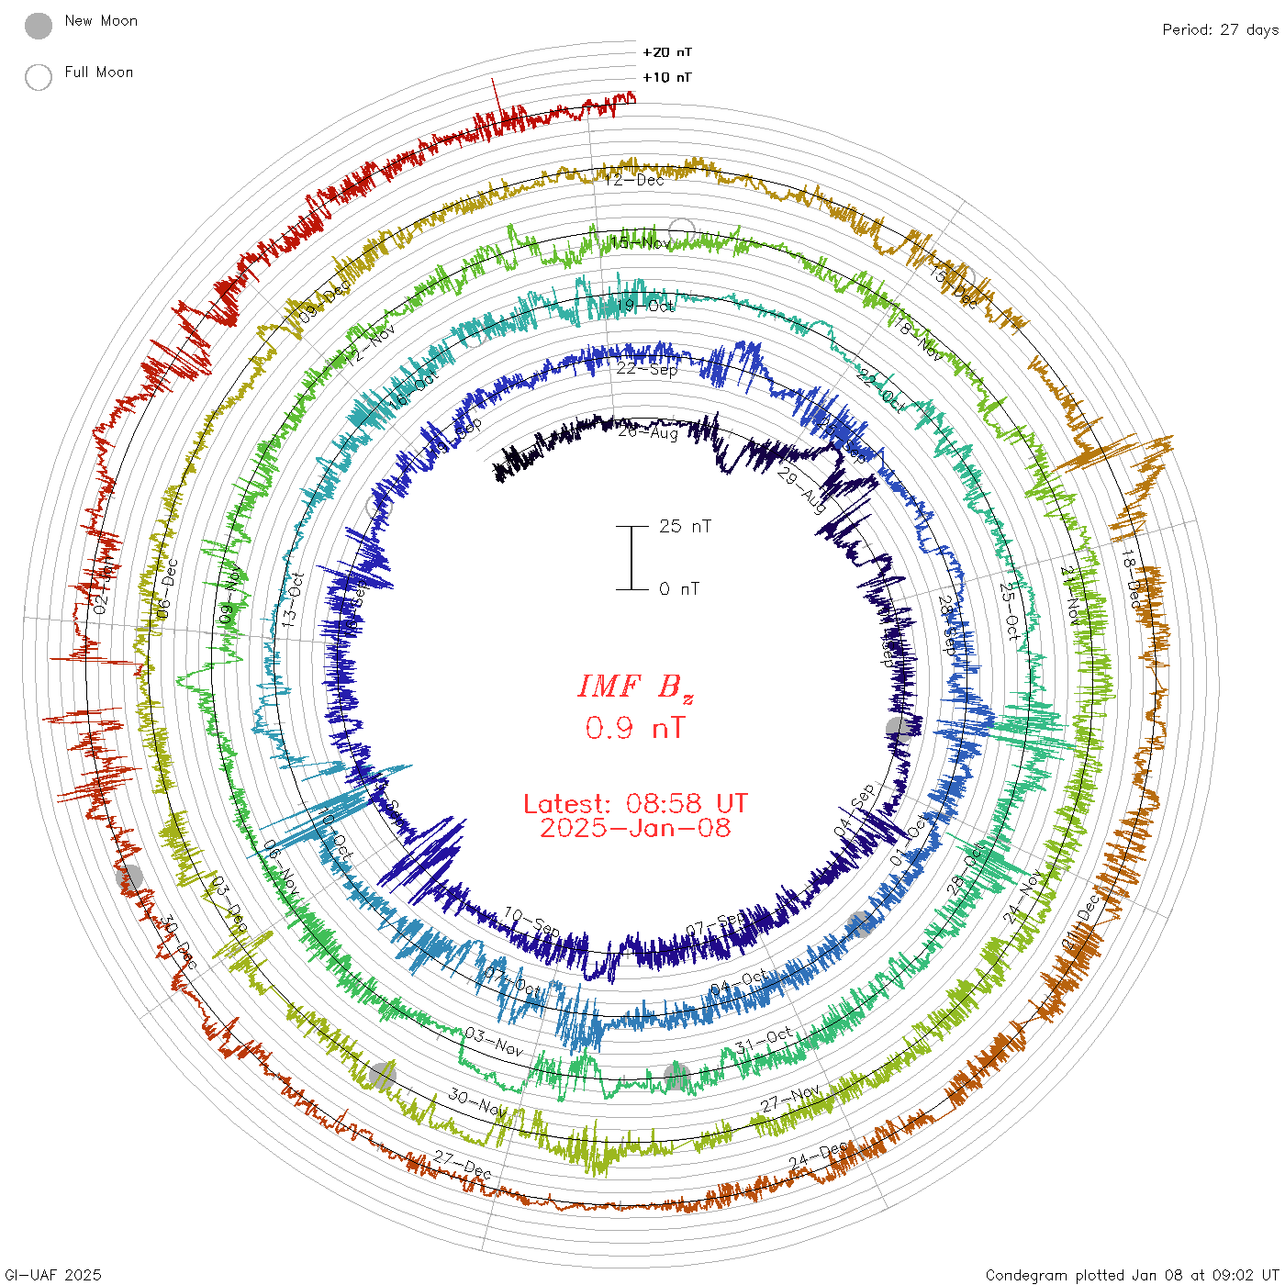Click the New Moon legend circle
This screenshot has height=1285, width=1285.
[39, 27]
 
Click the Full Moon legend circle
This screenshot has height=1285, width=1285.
[39, 78]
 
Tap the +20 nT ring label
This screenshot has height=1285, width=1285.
[667, 52]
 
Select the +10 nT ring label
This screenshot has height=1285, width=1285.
[667, 77]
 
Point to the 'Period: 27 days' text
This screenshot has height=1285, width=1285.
[1220, 29]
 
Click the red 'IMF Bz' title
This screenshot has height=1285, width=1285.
[635, 687]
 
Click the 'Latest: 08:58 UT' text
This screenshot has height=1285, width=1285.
[635, 804]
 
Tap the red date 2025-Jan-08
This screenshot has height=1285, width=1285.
[635, 828]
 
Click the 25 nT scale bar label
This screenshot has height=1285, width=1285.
[685, 526]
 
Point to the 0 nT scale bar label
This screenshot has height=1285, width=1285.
[679, 588]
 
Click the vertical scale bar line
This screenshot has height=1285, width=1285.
[631, 557]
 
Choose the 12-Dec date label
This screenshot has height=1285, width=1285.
[634, 179]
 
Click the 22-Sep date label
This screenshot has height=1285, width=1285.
[647, 369]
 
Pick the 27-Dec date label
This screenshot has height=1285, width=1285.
[464, 1165]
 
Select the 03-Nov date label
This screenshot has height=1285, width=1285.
[494, 1041]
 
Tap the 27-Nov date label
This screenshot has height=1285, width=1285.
[790, 1098]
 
